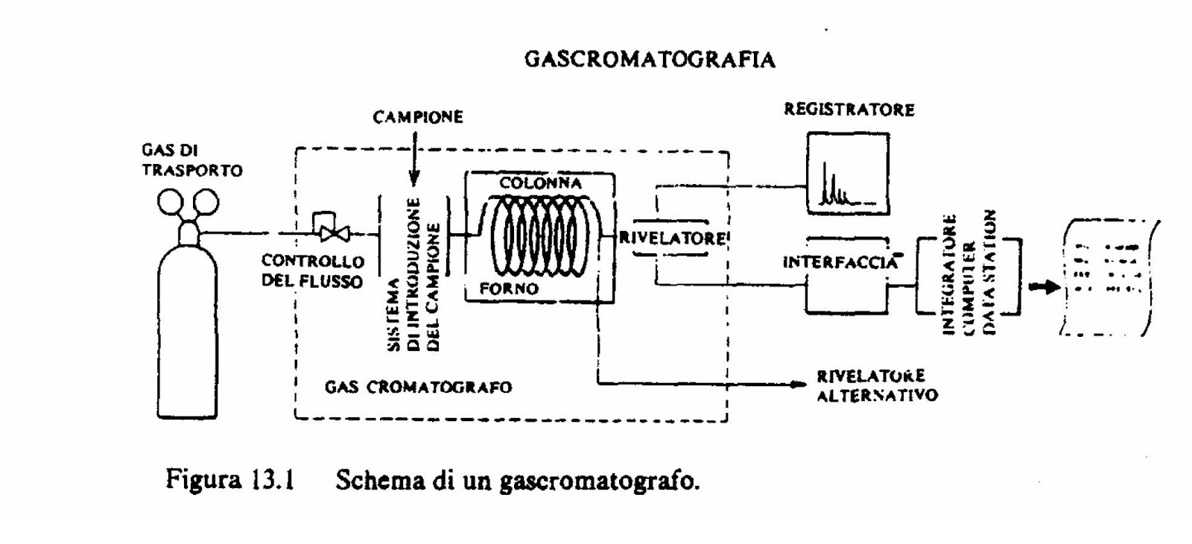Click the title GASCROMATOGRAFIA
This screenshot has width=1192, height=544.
click(x=650, y=60)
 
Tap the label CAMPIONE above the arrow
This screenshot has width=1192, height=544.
click(x=418, y=118)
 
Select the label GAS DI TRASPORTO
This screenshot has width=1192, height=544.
click(x=191, y=160)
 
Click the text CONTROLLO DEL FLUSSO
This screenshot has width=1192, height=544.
click(x=312, y=271)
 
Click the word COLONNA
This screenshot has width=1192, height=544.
click(x=540, y=183)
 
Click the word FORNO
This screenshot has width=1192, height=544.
click(x=509, y=289)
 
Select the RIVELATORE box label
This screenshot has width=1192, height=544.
click(x=672, y=238)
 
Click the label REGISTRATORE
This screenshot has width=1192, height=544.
click(x=849, y=110)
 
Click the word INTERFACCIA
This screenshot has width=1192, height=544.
click(x=840, y=262)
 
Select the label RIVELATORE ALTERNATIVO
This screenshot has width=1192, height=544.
click(x=876, y=385)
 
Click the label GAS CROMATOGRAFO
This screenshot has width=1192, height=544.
click(x=418, y=388)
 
